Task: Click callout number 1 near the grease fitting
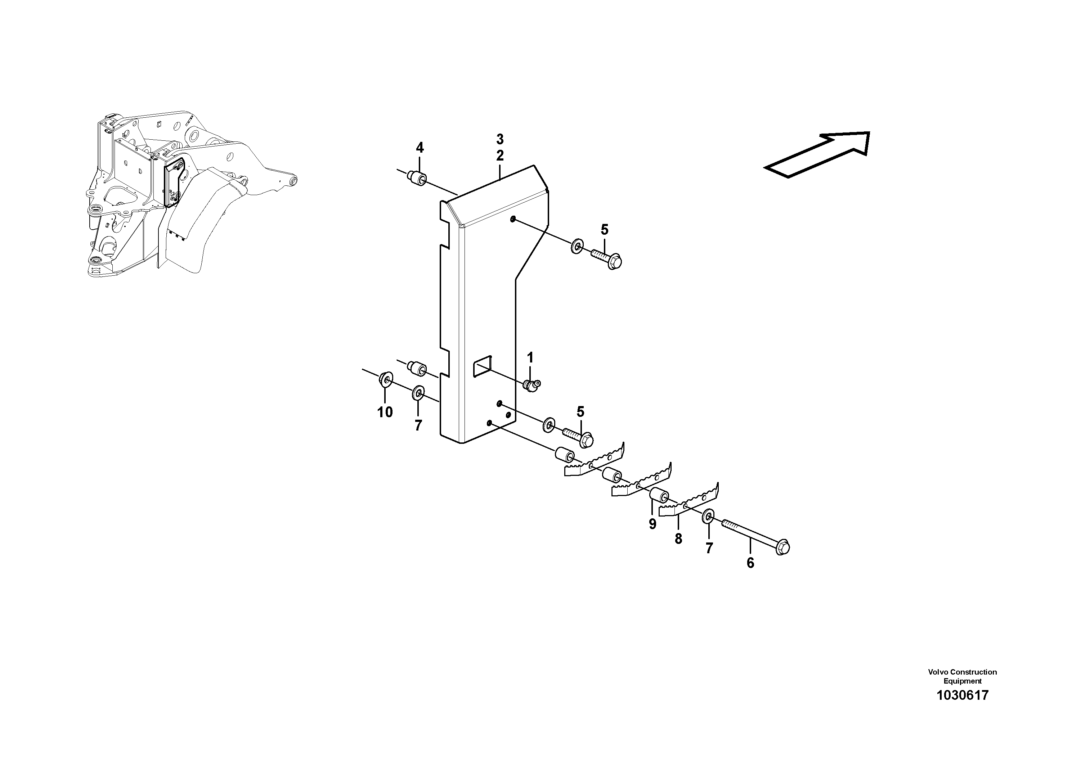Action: (530, 357)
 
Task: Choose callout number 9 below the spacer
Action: (652, 524)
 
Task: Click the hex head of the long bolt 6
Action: (782, 548)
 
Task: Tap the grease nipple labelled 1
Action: (531, 386)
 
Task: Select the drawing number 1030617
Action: (962, 708)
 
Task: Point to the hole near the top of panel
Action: (513, 219)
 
